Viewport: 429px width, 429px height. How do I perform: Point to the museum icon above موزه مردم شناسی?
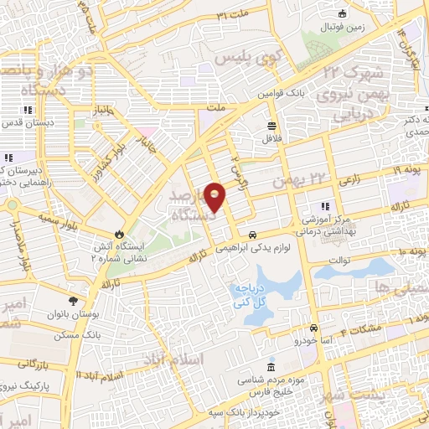(x=270, y=368)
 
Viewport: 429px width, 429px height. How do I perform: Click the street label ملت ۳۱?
(x=234, y=15)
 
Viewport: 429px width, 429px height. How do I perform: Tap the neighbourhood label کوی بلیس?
(x=237, y=59)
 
